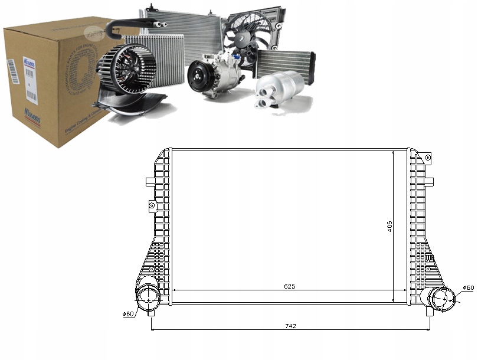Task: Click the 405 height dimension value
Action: [389, 226]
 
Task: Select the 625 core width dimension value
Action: [289, 286]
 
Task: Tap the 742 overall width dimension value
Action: [290, 326]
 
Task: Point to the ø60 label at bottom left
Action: [129, 313]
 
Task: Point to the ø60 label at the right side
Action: [467, 287]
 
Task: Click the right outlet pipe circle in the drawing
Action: [438, 297]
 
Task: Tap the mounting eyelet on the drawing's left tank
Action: [152, 205]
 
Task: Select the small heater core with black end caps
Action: [286, 63]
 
